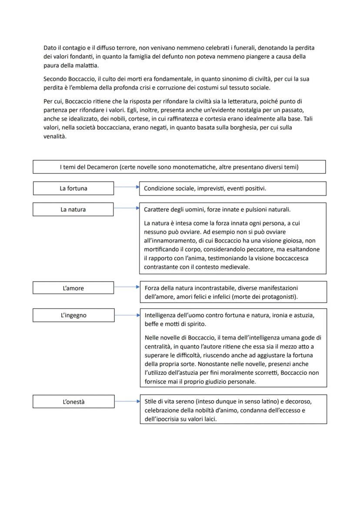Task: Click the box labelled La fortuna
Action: (x=73, y=188)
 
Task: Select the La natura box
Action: (x=73, y=210)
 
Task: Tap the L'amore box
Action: (x=73, y=288)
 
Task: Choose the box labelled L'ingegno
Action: (x=73, y=315)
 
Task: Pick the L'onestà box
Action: (x=73, y=402)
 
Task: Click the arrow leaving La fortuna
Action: (x=127, y=188)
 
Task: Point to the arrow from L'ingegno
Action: (x=127, y=315)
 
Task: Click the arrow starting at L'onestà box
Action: (x=127, y=401)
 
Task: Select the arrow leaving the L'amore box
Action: (x=127, y=287)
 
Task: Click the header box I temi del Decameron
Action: (x=179, y=167)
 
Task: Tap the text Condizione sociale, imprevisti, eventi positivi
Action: (x=205, y=188)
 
